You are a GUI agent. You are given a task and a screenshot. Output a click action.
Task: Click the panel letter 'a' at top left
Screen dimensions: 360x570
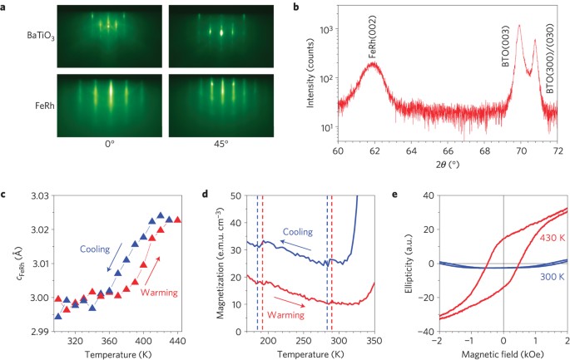(x=6, y=7)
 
